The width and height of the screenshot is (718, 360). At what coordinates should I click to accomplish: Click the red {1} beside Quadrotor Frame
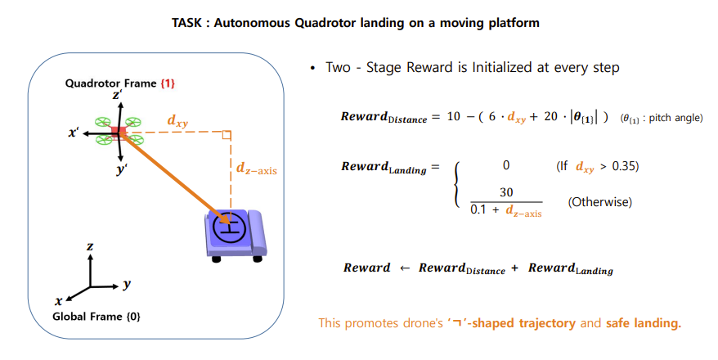coord(168,84)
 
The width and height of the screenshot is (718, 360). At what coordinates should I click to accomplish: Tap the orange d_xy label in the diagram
coord(177,120)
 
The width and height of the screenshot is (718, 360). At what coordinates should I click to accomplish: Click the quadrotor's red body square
coord(119,131)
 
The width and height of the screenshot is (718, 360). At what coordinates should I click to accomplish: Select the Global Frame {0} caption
coord(96,316)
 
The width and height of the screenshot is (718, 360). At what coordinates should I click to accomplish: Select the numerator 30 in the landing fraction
coord(506,192)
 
